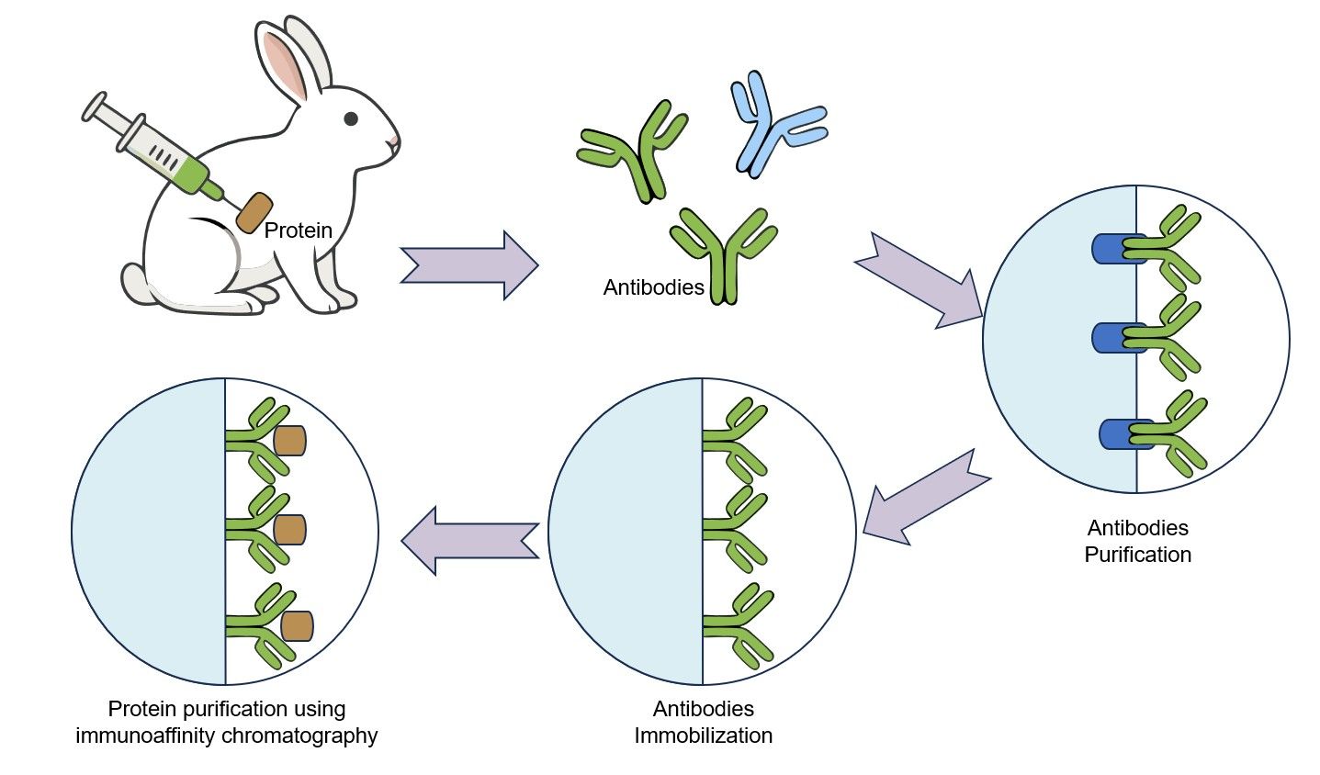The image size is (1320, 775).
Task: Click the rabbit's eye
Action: point(351,118)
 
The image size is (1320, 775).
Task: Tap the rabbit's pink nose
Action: point(395,141)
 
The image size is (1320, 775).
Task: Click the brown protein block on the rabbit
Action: point(254,212)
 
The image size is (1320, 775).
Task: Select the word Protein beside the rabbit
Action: point(299,230)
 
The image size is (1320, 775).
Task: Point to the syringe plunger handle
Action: point(95,107)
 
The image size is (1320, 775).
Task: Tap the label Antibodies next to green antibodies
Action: point(653,287)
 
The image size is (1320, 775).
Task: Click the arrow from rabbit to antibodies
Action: point(468,265)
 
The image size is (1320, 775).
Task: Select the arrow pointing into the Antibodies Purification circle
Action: point(919,279)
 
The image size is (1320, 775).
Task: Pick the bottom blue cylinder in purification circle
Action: point(1123,433)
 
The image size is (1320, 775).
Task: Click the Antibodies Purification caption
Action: point(1137,541)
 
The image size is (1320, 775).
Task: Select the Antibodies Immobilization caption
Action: point(703,723)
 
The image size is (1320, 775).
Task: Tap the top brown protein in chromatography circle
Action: point(290,440)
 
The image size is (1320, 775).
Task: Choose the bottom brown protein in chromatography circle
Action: point(298,625)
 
